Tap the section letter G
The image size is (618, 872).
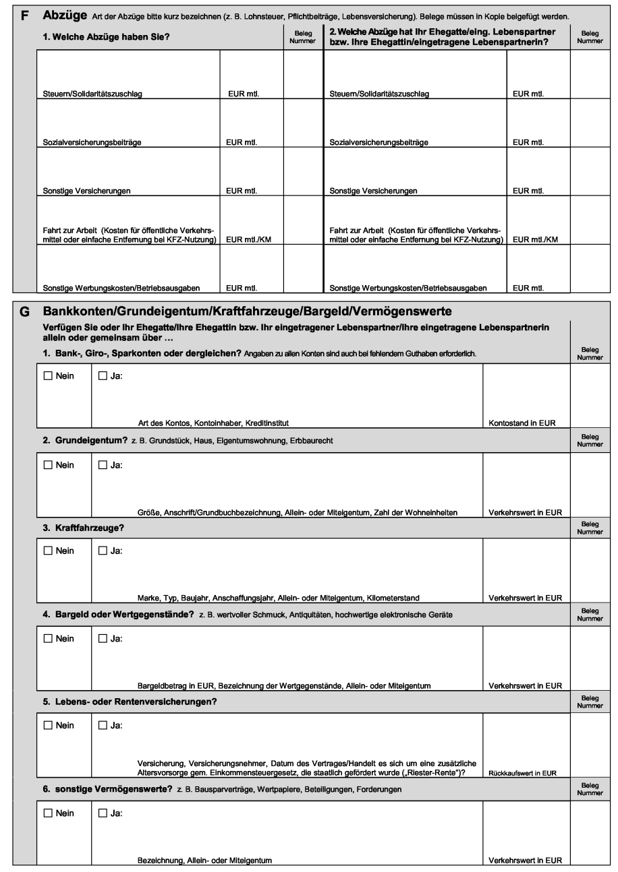pos(25,312)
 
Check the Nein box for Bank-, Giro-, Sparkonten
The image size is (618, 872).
pos(47,376)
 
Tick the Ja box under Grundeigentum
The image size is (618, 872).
pos(103,465)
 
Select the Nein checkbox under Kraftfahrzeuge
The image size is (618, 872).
pos(47,551)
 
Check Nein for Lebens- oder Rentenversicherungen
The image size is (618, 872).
pos(47,726)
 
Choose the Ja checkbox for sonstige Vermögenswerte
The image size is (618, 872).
pos(103,813)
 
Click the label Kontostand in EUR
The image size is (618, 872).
pos(521,423)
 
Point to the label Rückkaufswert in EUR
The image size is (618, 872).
pos(523,773)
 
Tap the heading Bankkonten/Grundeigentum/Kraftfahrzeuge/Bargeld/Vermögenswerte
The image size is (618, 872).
pos(247,312)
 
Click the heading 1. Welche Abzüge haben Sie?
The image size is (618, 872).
pos(106,37)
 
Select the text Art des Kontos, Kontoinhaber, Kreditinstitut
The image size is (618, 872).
pos(213,423)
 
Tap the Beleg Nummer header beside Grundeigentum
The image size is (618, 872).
pos(590,440)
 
